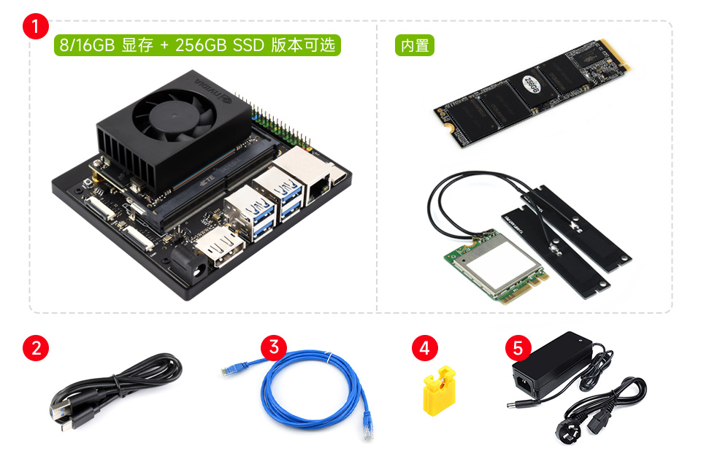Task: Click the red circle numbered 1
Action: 36,26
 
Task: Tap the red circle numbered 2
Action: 36,347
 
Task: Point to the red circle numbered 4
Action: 424,347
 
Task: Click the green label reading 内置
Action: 414,45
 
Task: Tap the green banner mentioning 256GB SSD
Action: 197,45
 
